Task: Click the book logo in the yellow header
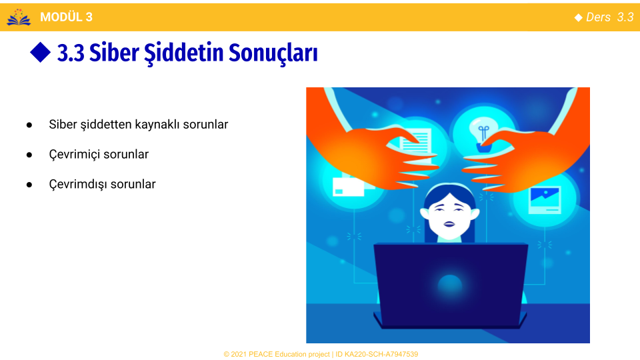[19, 17]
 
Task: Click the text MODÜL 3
[66, 17]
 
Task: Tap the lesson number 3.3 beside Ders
[625, 17]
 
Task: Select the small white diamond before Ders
[579, 17]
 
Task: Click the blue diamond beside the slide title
[41, 52]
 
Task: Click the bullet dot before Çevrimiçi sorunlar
[29, 155]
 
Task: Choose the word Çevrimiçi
[74, 154]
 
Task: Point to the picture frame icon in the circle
[545, 200]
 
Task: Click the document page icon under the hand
[415, 141]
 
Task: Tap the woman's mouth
[449, 224]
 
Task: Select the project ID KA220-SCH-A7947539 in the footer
[377, 354]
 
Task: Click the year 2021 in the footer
[239, 354]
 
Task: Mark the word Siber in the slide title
[114, 53]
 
